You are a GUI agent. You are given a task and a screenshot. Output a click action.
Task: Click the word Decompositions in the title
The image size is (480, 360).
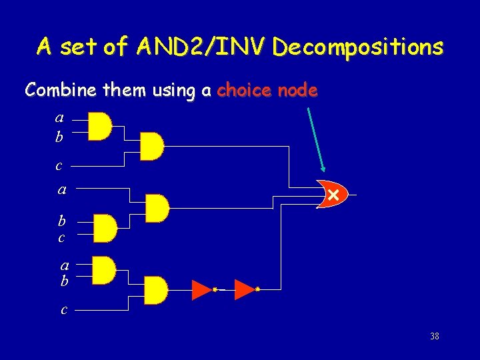pyautogui.click(x=357, y=47)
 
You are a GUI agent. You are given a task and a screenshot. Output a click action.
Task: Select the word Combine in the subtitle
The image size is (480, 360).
pyautogui.click(x=51, y=90)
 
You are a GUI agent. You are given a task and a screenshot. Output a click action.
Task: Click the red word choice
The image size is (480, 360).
pyautogui.click(x=243, y=90)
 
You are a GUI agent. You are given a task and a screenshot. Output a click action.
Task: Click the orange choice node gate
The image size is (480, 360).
pyautogui.click(x=331, y=194)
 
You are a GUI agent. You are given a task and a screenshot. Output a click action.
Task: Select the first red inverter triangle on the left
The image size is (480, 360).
pyautogui.click(x=201, y=289)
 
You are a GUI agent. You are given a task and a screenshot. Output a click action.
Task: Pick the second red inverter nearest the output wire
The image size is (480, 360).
pyautogui.click(x=245, y=289)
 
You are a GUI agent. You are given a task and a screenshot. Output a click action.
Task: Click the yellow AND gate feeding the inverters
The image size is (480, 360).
pyautogui.click(x=155, y=289)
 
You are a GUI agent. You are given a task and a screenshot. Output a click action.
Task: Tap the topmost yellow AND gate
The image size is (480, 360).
pyautogui.click(x=100, y=127)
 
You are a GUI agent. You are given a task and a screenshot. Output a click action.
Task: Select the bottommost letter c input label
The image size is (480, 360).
pyautogui.click(x=63, y=309)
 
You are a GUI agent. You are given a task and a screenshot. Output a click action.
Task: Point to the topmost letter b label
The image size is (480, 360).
pyautogui.click(x=59, y=137)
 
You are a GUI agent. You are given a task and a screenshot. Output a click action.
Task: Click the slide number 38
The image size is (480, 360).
pyautogui.click(x=435, y=336)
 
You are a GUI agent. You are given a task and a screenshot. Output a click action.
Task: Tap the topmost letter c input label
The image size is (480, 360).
pyautogui.click(x=59, y=165)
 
